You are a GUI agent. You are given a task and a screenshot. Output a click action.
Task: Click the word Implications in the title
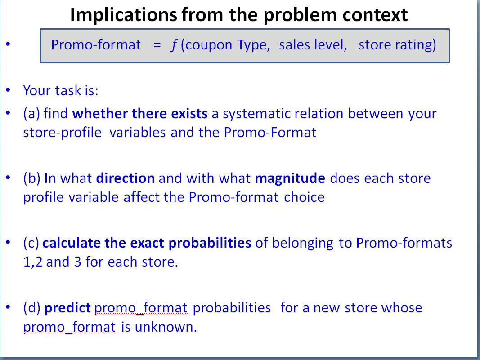tap(122, 15)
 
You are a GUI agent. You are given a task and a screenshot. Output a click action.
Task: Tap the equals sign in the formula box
tap(156, 45)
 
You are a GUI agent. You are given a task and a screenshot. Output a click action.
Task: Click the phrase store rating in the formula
tap(397, 45)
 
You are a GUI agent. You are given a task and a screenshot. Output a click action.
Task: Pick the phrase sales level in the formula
tap(313, 45)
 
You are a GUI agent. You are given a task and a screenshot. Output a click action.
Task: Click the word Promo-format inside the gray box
tap(96, 45)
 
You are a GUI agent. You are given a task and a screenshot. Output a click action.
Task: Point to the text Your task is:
tap(61, 90)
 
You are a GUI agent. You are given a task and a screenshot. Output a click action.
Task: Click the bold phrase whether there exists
tap(140, 113)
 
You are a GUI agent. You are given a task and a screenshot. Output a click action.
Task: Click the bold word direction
tap(126, 178)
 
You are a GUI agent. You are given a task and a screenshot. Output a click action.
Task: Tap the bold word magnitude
tap(290, 178)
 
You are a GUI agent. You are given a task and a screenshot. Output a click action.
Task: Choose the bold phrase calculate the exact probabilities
tap(147, 243)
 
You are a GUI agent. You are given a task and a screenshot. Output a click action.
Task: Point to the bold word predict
tap(68, 308)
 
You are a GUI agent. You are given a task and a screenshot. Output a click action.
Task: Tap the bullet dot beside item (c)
tap(8, 243)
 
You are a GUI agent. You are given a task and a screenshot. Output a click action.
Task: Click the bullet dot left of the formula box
tap(8, 44)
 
